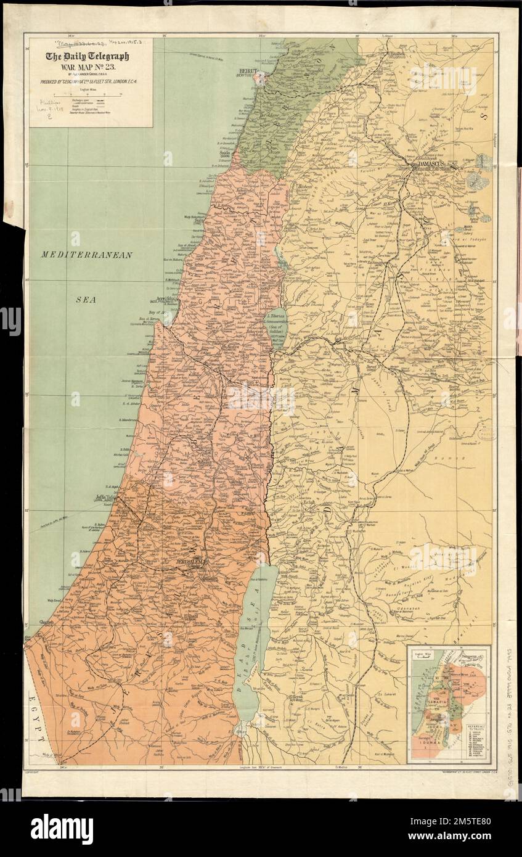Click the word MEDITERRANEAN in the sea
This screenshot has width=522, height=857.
pos(88,255)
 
